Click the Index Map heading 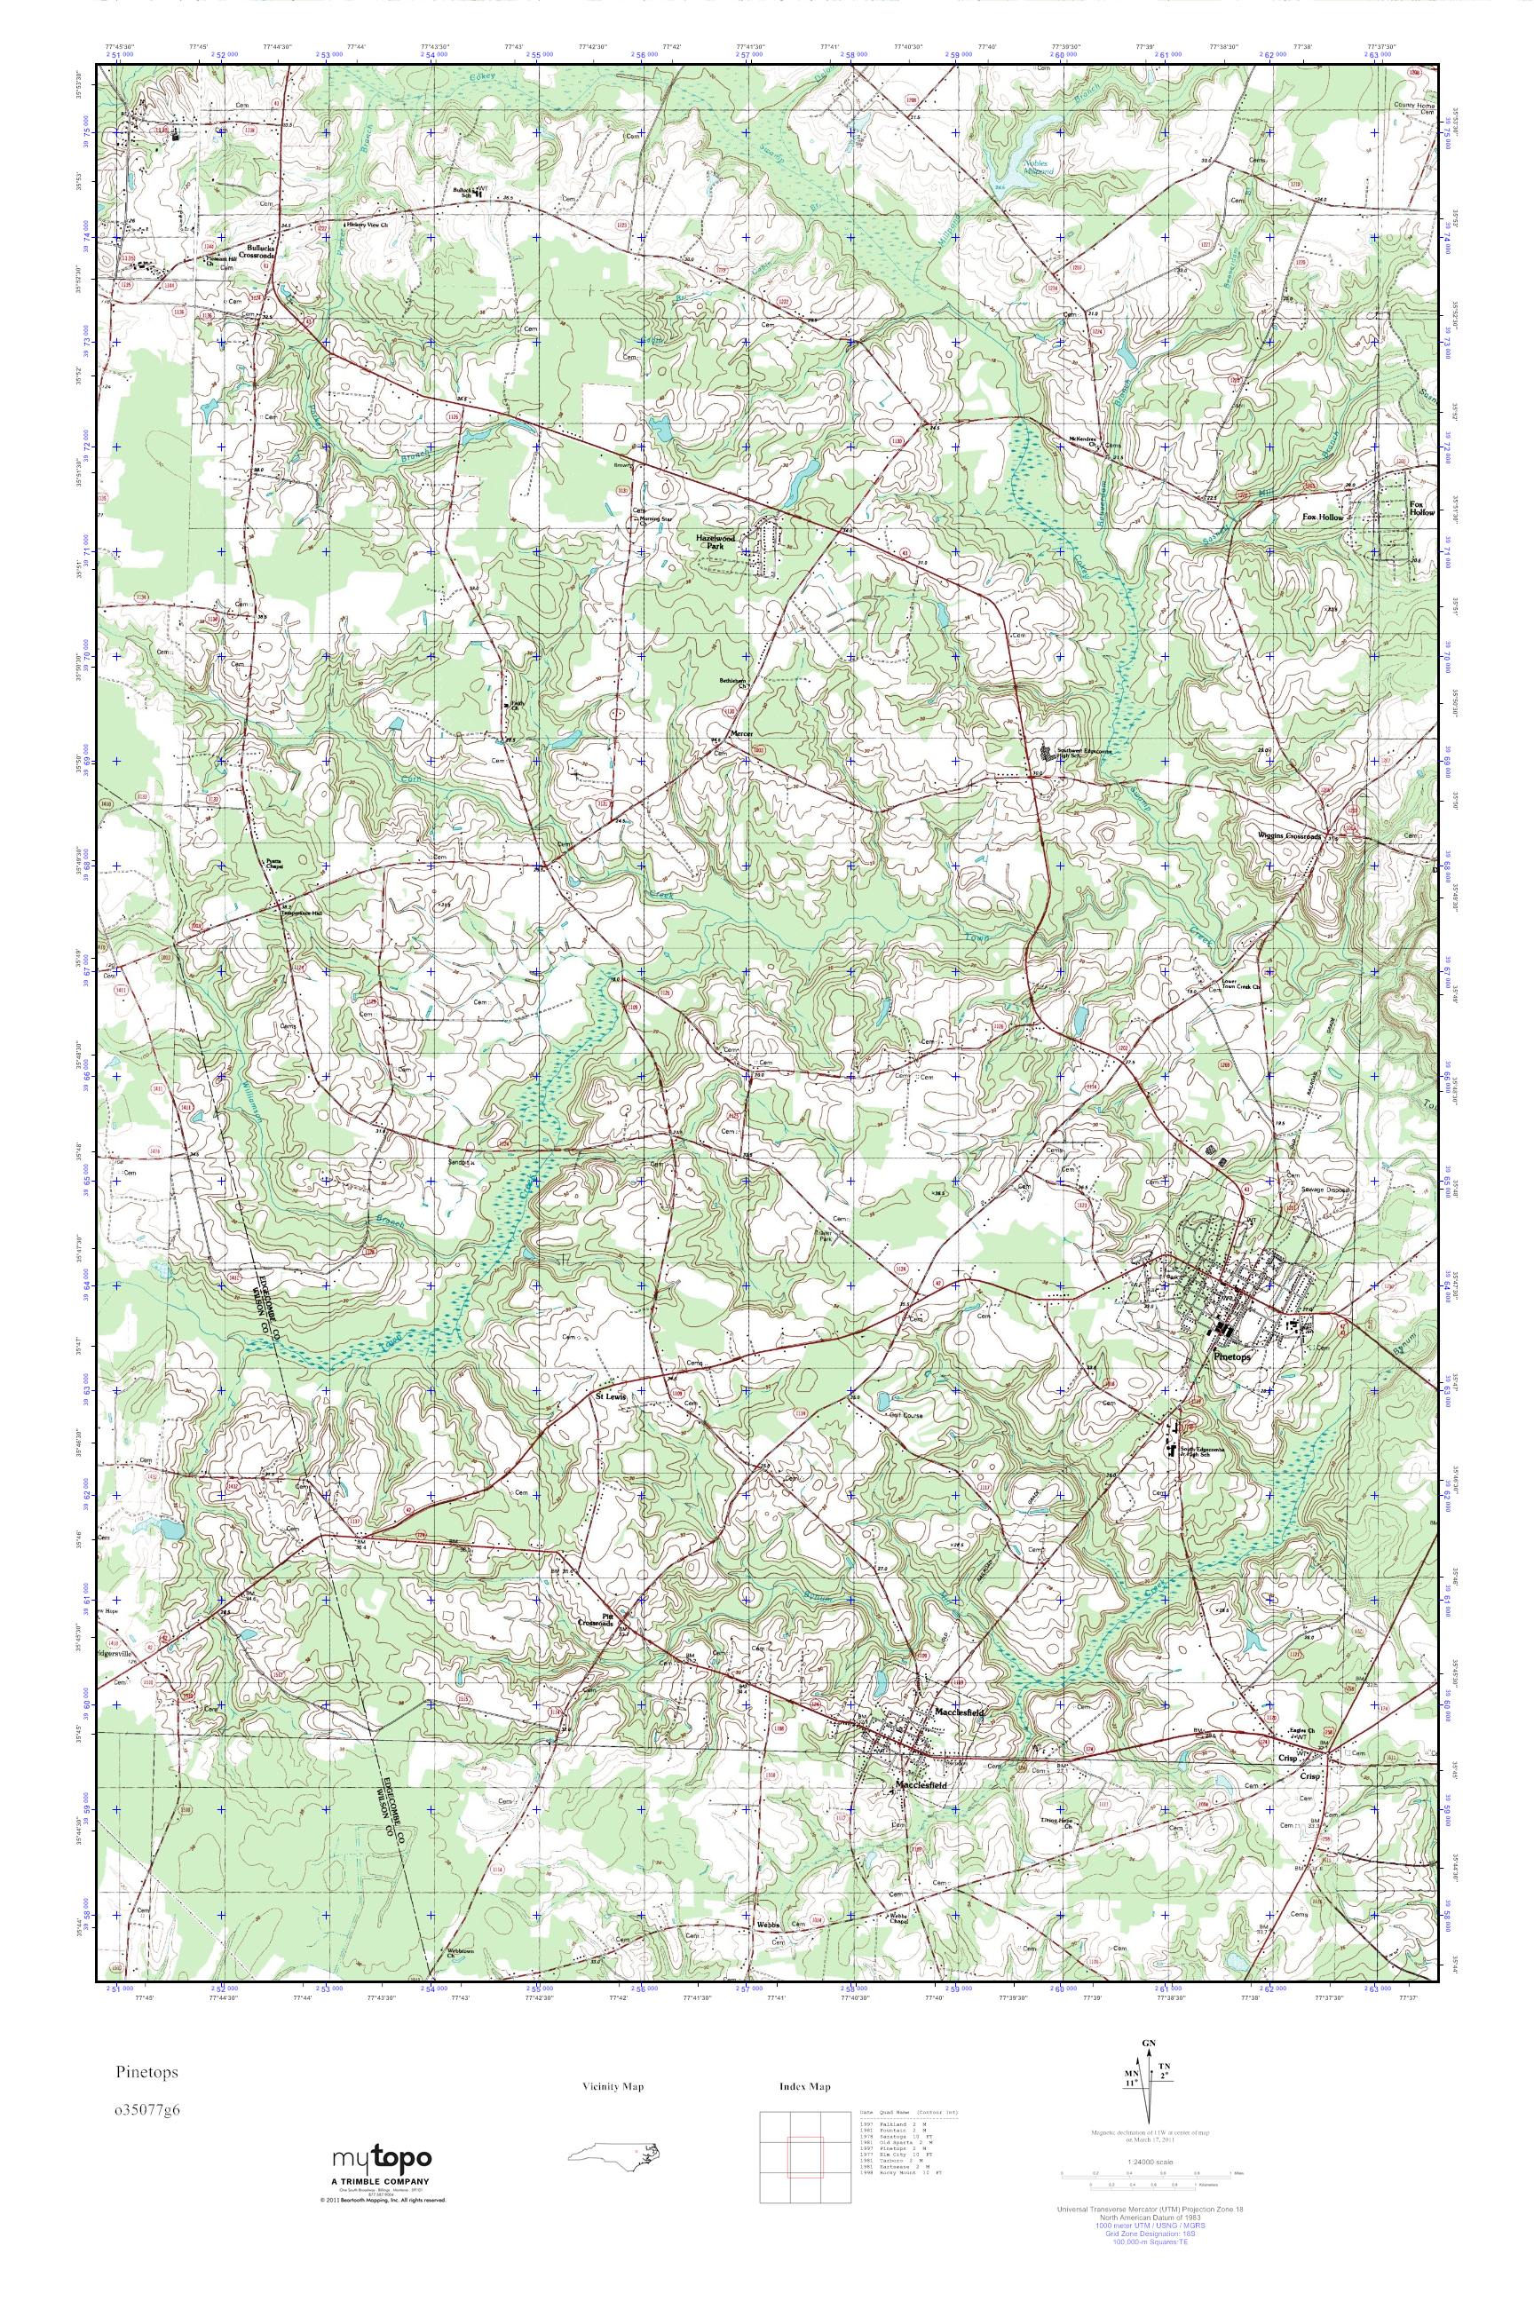coord(805,2088)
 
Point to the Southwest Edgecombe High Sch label coord(1084,754)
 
